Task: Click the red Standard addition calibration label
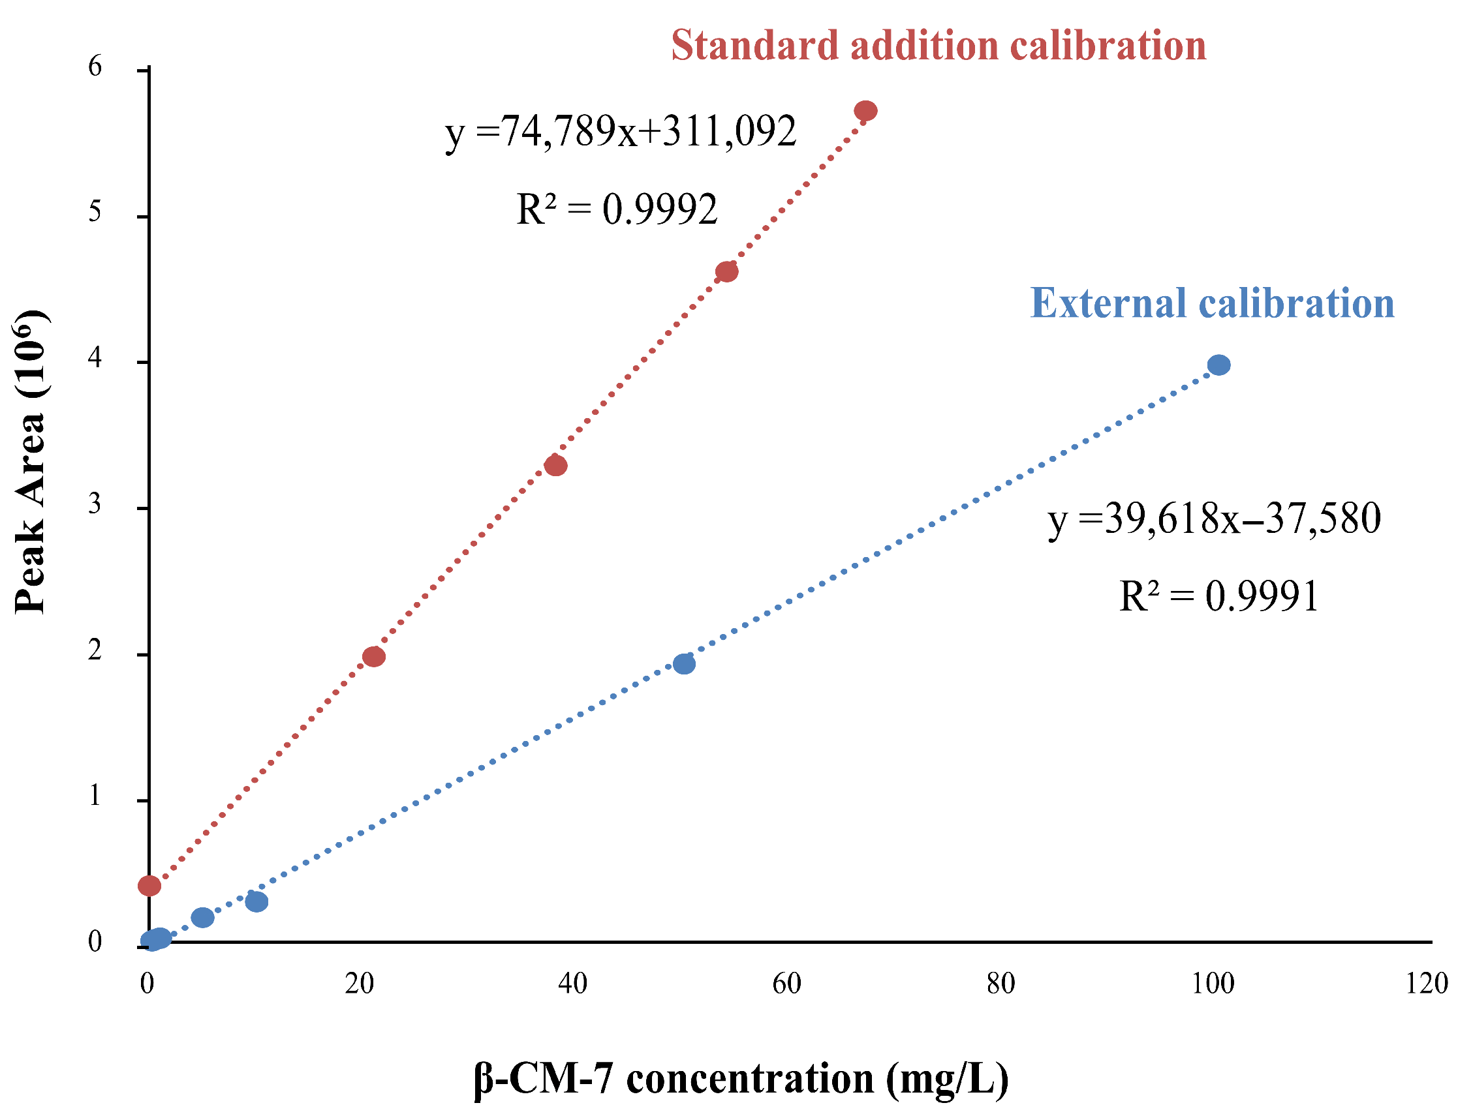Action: click(x=938, y=46)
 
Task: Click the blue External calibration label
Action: click(x=1212, y=303)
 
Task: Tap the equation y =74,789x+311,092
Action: click(x=621, y=132)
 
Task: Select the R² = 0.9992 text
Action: click(x=617, y=209)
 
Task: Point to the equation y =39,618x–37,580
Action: click(x=1215, y=520)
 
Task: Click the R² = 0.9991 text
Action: click(x=1218, y=596)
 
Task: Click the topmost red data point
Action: click(x=865, y=110)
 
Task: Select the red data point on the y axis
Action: click(x=149, y=886)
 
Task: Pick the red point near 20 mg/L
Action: click(x=373, y=657)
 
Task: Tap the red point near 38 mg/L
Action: click(x=555, y=466)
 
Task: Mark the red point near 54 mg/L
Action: click(x=726, y=271)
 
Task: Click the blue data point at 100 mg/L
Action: click(x=1218, y=365)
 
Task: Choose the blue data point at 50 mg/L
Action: click(x=684, y=663)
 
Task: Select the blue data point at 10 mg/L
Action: click(x=256, y=901)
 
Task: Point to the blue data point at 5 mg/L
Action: click(x=202, y=918)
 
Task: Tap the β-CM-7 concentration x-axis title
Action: click(x=741, y=1078)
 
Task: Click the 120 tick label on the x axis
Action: click(x=1427, y=984)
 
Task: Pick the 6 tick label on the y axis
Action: click(x=95, y=67)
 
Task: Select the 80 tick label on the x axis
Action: click(x=1001, y=984)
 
